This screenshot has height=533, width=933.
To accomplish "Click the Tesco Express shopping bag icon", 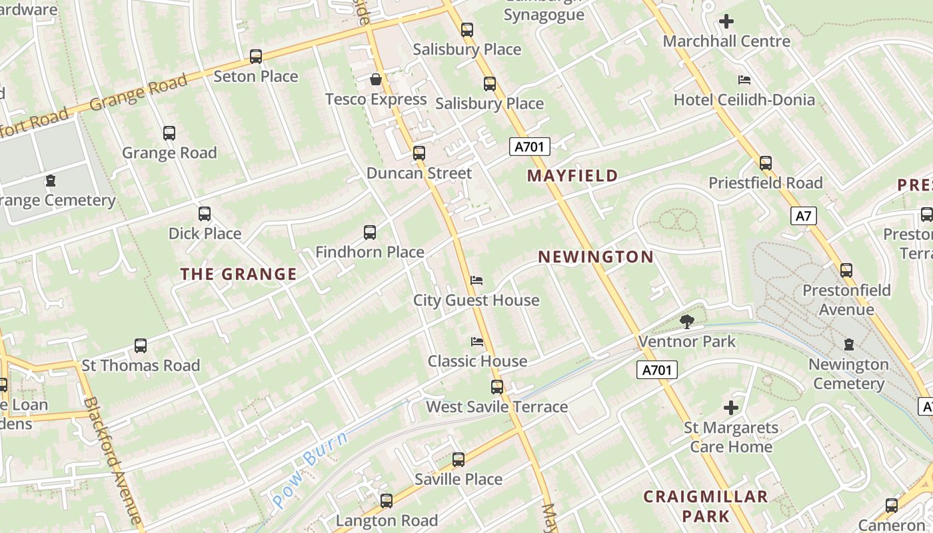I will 376,80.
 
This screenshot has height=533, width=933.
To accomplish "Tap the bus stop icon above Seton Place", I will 256,57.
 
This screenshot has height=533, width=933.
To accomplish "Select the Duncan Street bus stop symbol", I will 419,153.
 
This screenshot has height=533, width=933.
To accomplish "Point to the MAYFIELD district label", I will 572,176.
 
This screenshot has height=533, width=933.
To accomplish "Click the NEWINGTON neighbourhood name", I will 596,257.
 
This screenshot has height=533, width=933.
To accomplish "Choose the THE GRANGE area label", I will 239,274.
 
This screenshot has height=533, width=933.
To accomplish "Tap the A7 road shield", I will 804,216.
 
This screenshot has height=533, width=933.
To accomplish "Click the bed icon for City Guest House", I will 476,280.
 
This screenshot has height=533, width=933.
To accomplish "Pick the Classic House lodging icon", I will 477,342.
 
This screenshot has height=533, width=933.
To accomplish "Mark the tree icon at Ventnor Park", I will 687,322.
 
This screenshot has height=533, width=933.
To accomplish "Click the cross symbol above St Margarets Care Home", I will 731,408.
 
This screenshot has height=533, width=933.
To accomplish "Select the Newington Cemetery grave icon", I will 849,344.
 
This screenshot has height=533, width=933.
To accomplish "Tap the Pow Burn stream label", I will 311,470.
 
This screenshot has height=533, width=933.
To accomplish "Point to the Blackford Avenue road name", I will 113,460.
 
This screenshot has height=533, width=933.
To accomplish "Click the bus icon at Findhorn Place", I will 370,233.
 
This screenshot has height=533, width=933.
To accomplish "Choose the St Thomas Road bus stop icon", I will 141,346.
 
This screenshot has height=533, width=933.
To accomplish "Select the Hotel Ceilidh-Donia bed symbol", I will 744,80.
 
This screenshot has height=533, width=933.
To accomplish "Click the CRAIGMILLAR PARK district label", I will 705,506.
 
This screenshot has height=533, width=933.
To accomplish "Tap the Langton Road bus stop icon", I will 387,501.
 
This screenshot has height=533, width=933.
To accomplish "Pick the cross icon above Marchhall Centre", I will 726,21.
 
